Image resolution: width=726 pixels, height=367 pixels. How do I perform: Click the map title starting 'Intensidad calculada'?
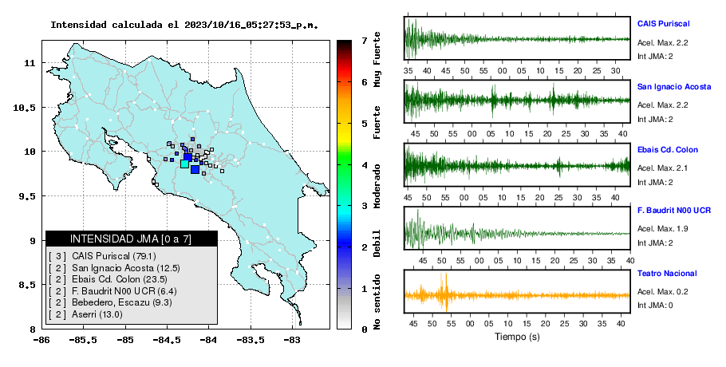184,25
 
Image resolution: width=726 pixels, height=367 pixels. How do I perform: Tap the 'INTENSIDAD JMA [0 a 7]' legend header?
131,239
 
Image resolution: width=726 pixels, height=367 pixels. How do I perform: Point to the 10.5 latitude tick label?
25,108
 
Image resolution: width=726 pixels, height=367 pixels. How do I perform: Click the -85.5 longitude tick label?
83,340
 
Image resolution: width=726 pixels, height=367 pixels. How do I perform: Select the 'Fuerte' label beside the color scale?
377,122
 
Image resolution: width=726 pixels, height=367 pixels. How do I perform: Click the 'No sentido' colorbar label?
377,302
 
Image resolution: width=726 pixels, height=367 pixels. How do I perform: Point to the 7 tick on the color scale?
365,41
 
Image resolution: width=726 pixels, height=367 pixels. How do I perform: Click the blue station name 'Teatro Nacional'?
667,274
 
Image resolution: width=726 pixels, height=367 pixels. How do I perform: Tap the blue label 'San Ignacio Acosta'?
673,87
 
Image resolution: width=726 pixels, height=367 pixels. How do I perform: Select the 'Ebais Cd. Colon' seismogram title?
667,150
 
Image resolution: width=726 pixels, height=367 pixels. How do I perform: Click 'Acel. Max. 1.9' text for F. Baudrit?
662,229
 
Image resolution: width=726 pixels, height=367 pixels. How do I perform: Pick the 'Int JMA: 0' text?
655,306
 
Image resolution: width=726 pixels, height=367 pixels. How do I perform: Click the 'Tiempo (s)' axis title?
517,337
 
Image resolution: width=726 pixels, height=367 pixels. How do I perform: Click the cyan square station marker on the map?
184,164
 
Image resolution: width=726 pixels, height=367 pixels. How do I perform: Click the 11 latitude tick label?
30,63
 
